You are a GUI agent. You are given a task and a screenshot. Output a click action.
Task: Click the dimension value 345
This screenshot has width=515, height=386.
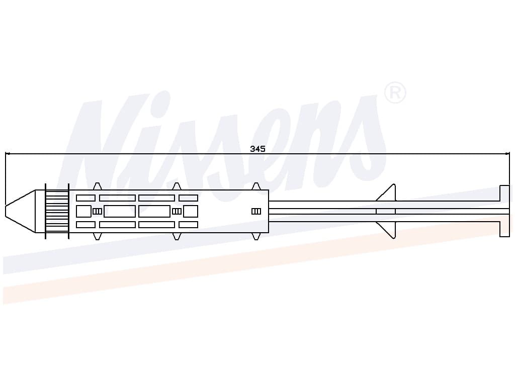point(257,149)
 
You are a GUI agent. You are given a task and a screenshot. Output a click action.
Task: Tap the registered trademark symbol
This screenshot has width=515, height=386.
point(395,92)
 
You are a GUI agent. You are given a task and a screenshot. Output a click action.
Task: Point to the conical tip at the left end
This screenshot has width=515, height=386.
point(20,211)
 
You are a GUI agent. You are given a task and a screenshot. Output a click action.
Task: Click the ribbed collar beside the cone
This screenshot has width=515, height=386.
point(57,211)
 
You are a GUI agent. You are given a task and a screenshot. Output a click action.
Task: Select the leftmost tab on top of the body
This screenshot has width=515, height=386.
point(97,186)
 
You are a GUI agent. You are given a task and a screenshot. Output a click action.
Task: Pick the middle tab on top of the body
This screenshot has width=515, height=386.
point(177,186)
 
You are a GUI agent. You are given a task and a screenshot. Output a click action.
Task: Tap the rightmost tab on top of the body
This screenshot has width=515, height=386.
point(256,186)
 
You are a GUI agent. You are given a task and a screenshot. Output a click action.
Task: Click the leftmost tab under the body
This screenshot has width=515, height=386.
point(97,236)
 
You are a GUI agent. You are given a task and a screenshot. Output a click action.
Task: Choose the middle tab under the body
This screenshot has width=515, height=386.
point(177,236)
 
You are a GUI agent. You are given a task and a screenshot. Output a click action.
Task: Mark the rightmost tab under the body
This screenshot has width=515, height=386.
point(256,236)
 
